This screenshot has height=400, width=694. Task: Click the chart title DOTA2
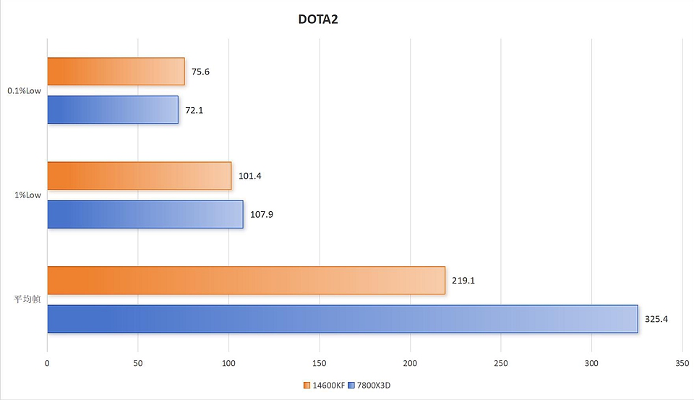click(x=318, y=20)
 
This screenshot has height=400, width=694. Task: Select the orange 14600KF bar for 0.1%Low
click(x=116, y=72)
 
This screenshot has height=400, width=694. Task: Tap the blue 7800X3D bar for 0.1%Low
click(x=113, y=110)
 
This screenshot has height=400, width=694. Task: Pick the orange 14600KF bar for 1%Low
click(x=140, y=176)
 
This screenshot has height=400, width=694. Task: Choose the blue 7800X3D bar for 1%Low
click(x=145, y=214)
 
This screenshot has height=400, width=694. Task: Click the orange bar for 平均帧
click(x=246, y=280)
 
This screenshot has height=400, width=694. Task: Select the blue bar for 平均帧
click(x=343, y=318)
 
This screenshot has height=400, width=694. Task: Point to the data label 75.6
click(x=201, y=72)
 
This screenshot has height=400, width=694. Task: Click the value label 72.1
click(x=194, y=110)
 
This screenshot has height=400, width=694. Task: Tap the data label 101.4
click(x=250, y=176)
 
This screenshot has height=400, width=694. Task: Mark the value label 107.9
click(x=262, y=214)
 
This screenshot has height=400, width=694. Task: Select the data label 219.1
click(x=463, y=280)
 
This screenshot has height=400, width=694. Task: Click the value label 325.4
click(x=656, y=318)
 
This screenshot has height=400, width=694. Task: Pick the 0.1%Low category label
click(x=24, y=91)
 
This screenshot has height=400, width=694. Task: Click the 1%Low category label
click(x=28, y=195)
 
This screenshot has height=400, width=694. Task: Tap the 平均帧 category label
click(x=27, y=299)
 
